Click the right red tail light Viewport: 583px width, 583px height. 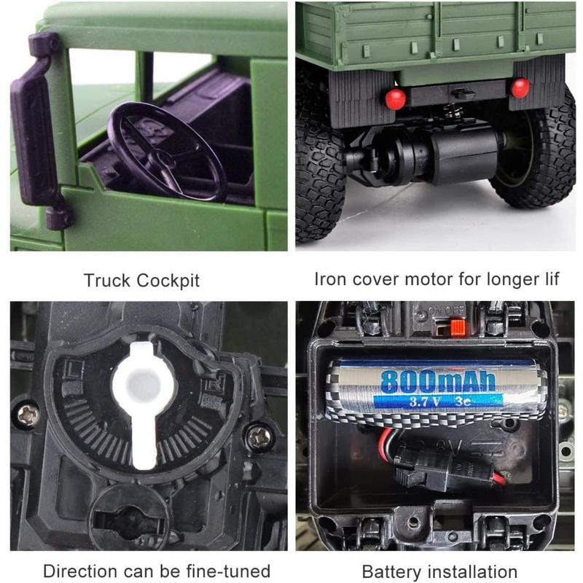[x=520, y=88]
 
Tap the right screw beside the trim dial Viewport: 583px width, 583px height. [x=259, y=437]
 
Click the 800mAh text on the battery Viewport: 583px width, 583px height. [x=437, y=380]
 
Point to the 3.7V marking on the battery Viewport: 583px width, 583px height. [x=404, y=400]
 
